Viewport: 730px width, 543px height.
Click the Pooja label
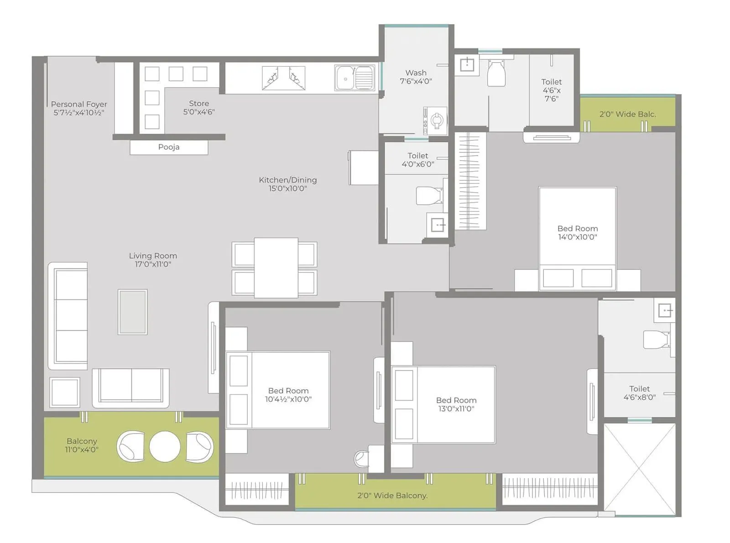(x=169, y=147)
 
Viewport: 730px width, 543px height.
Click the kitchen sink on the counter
(x=355, y=78)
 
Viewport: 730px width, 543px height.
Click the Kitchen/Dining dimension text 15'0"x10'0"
(x=287, y=188)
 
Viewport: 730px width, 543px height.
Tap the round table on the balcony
(x=165, y=446)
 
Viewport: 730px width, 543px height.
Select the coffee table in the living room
(x=132, y=312)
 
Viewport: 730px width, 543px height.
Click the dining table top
(x=276, y=268)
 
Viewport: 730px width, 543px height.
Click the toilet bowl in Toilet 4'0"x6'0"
(x=429, y=195)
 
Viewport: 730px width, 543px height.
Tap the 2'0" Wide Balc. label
(x=627, y=114)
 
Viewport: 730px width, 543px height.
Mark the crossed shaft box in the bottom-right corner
(x=639, y=469)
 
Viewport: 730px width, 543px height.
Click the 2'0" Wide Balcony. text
(x=392, y=496)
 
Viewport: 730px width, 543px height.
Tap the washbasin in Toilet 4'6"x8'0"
(x=665, y=311)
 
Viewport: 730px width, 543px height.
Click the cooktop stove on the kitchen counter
(x=283, y=78)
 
